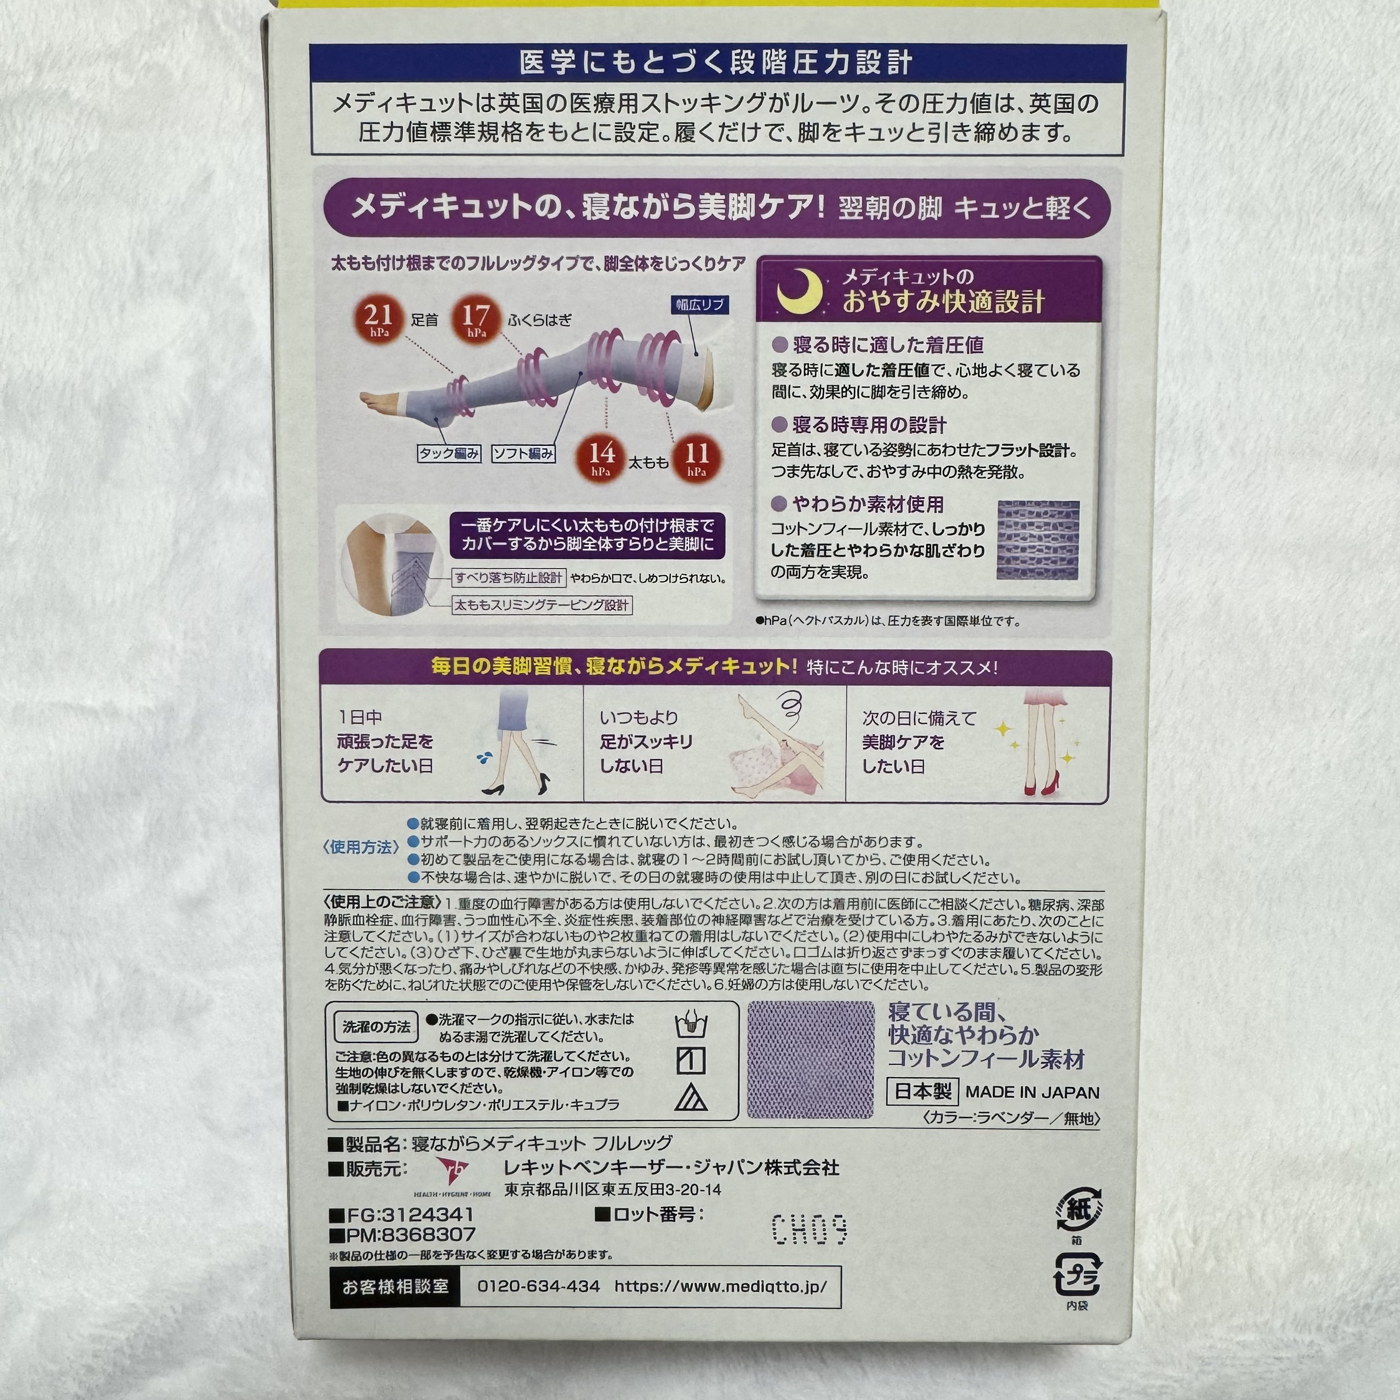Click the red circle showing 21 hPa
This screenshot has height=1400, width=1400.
(378, 319)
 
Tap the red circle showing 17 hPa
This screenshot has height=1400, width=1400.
(476, 319)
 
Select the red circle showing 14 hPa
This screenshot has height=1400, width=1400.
(601, 457)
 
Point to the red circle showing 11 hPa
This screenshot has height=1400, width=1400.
(696, 457)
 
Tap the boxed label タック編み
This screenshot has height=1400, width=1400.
(449, 454)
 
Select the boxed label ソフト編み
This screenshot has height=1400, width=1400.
(523, 454)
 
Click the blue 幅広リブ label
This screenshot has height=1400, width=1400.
(699, 304)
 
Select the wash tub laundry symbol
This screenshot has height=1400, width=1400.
(691, 1025)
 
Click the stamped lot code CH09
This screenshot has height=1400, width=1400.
(809, 1230)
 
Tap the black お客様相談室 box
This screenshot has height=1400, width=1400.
(395, 1286)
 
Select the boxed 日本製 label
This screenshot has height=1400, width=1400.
(923, 1091)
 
